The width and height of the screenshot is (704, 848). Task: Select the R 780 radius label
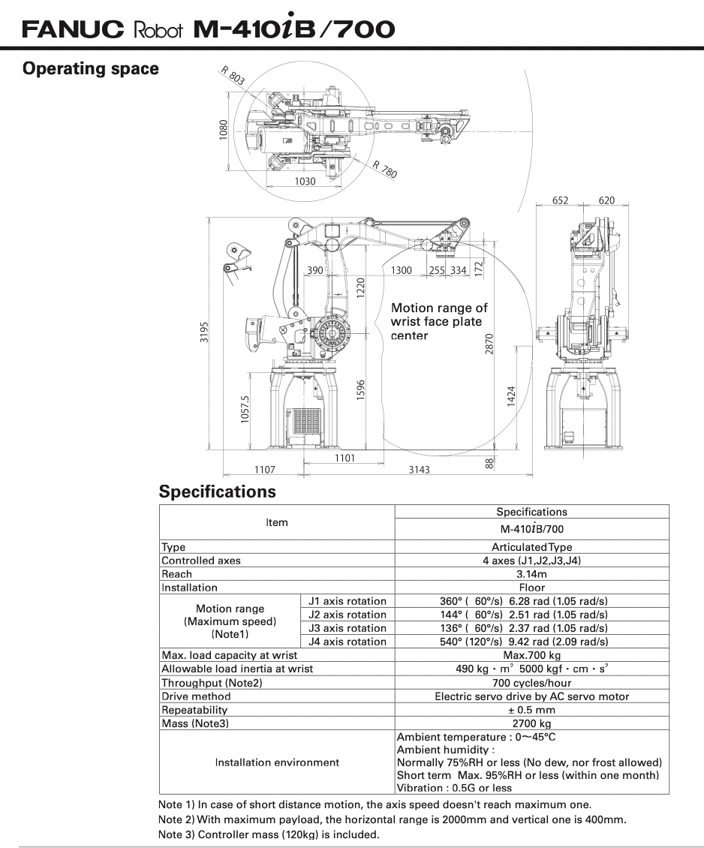click(x=385, y=170)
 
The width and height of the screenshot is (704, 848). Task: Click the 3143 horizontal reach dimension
click(x=419, y=470)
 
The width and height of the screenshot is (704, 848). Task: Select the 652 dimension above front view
click(x=561, y=200)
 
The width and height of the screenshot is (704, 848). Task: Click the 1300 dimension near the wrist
click(x=402, y=271)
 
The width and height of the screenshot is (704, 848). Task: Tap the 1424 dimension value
click(x=510, y=396)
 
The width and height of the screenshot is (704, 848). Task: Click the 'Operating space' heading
click(x=91, y=69)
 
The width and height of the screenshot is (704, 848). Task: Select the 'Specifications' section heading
click(x=218, y=492)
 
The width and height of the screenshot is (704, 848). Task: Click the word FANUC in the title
click(x=73, y=29)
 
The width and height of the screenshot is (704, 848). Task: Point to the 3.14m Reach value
click(x=531, y=574)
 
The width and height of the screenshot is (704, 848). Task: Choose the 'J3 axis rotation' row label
click(x=347, y=628)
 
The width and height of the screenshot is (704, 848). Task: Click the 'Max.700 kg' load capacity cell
click(x=531, y=656)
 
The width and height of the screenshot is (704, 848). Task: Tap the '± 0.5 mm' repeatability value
click(x=531, y=710)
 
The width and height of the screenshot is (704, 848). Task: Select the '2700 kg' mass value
click(x=531, y=723)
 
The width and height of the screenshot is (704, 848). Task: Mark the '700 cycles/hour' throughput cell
click(x=531, y=683)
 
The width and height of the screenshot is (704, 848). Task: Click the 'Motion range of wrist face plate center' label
click(x=439, y=322)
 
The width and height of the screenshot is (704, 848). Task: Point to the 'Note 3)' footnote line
click(x=269, y=834)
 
